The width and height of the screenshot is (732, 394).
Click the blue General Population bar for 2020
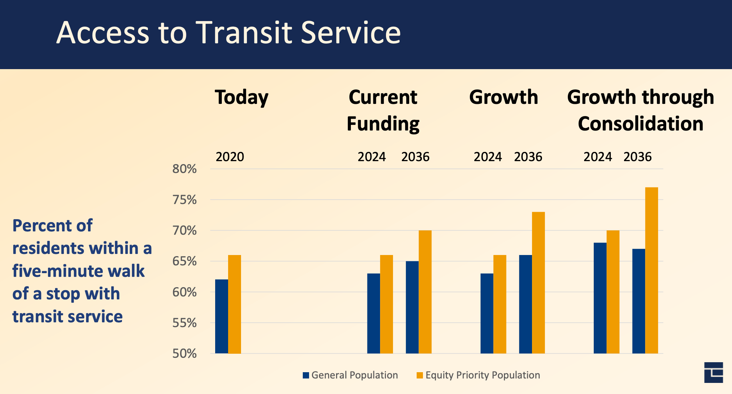(x=221, y=316)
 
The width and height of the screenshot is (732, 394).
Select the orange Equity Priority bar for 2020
(x=234, y=304)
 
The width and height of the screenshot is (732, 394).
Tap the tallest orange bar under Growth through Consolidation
(x=651, y=270)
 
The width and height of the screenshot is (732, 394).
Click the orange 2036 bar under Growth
(x=538, y=282)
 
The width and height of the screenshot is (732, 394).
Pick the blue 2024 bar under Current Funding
(x=373, y=313)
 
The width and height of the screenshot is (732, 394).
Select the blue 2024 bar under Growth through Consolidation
(x=600, y=298)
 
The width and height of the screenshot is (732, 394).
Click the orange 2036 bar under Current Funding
(x=425, y=292)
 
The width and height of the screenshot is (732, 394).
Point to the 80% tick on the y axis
(x=184, y=169)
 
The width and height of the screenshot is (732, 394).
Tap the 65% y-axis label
(x=184, y=261)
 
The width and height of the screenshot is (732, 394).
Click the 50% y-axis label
(x=184, y=354)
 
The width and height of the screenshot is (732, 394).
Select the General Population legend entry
(x=350, y=375)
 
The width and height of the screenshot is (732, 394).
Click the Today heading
(x=241, y=98)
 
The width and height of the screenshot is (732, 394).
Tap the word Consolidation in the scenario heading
(x=640, y=123)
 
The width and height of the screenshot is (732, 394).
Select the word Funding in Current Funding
(x=383, y=124)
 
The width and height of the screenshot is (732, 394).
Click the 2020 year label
(x=230, y=157)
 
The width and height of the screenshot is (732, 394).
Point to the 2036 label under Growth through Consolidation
(x=637, y=157)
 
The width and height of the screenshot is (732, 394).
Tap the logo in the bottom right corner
(x=714, y=372)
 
